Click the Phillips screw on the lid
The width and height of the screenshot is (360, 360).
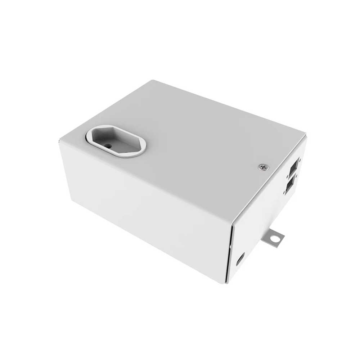pos(264,167)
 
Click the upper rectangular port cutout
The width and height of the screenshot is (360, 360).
pos(293,167)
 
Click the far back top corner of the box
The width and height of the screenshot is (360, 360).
pos(153,81)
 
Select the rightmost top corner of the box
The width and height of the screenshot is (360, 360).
pos(306,135)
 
